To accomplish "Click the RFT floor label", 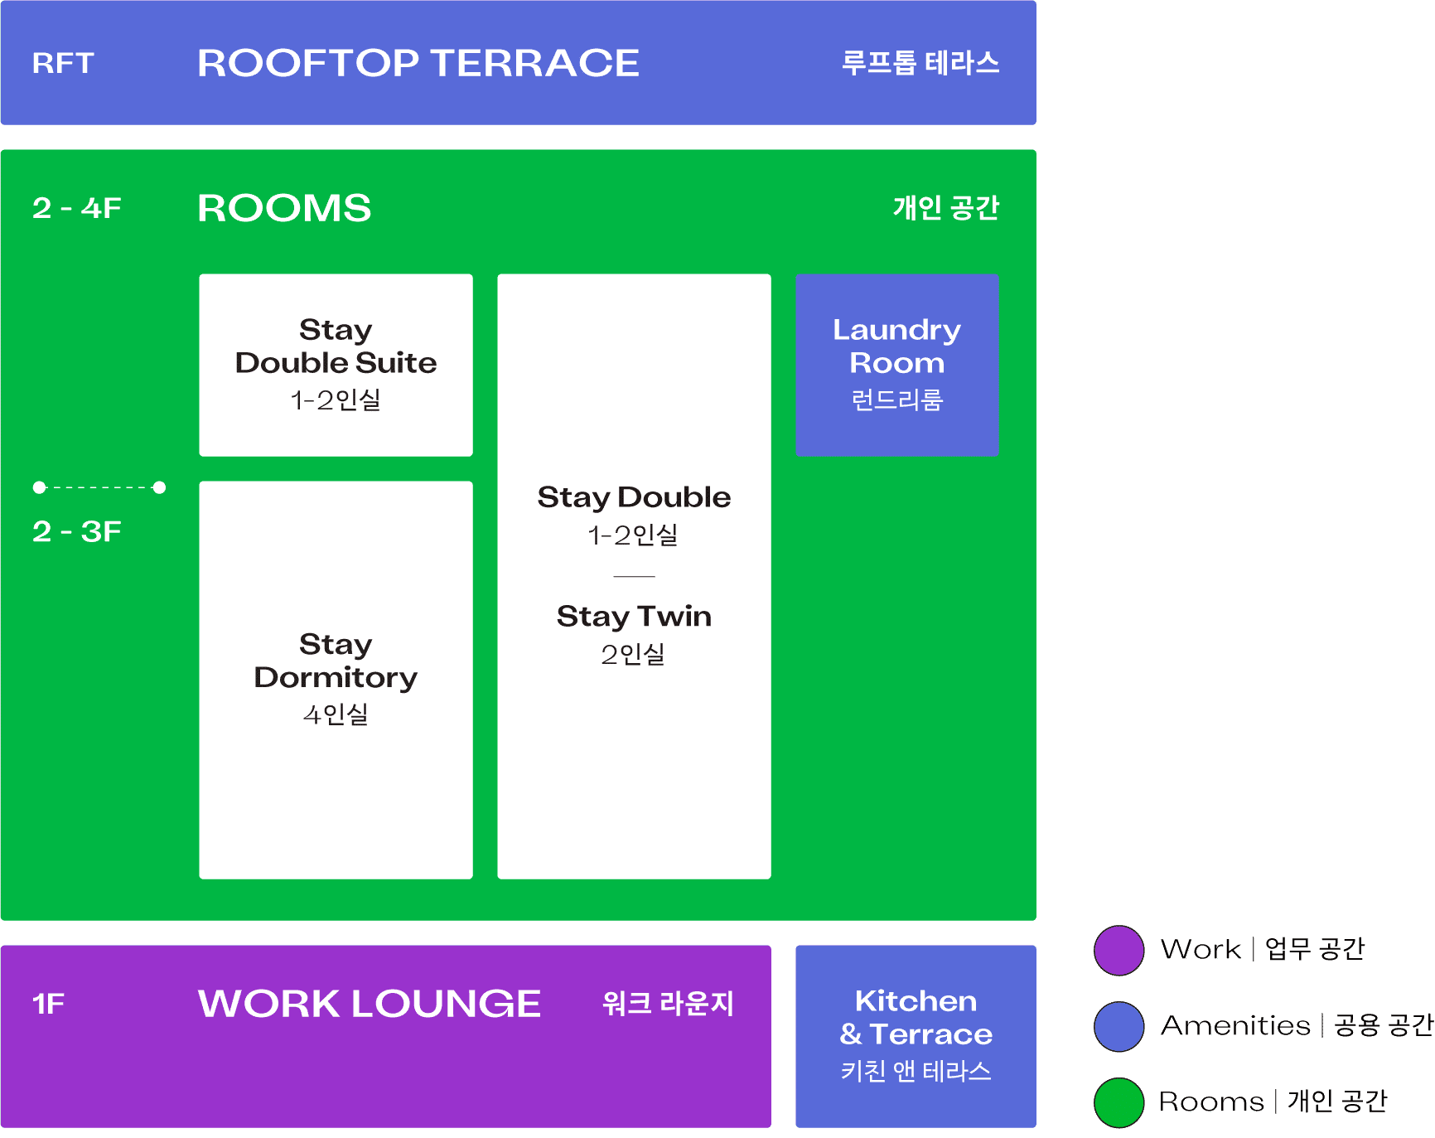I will point(63,63).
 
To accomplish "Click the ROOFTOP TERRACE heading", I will point(418,63).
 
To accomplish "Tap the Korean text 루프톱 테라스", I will point(920,63).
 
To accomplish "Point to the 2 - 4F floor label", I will point(77,208).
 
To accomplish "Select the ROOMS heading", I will point(284,208).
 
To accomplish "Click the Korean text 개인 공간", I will point(945,208).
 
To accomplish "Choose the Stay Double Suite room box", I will point(336,365).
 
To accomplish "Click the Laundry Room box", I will point(896,365).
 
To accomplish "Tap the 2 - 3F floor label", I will point(77,531).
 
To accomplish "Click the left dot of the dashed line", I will point(39,487).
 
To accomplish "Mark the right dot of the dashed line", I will point(160,487).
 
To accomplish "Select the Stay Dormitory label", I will point(336,661).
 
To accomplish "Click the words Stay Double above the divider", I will point(634,497).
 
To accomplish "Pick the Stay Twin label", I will point(634,617).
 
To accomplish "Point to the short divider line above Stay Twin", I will point(634,576).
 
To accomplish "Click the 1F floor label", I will point(48,1004).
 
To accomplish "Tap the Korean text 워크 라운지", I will point(668,1004).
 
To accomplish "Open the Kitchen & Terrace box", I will point(916,1036).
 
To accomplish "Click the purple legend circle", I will point(1119,951).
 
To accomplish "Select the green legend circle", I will point(1119,1102).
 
